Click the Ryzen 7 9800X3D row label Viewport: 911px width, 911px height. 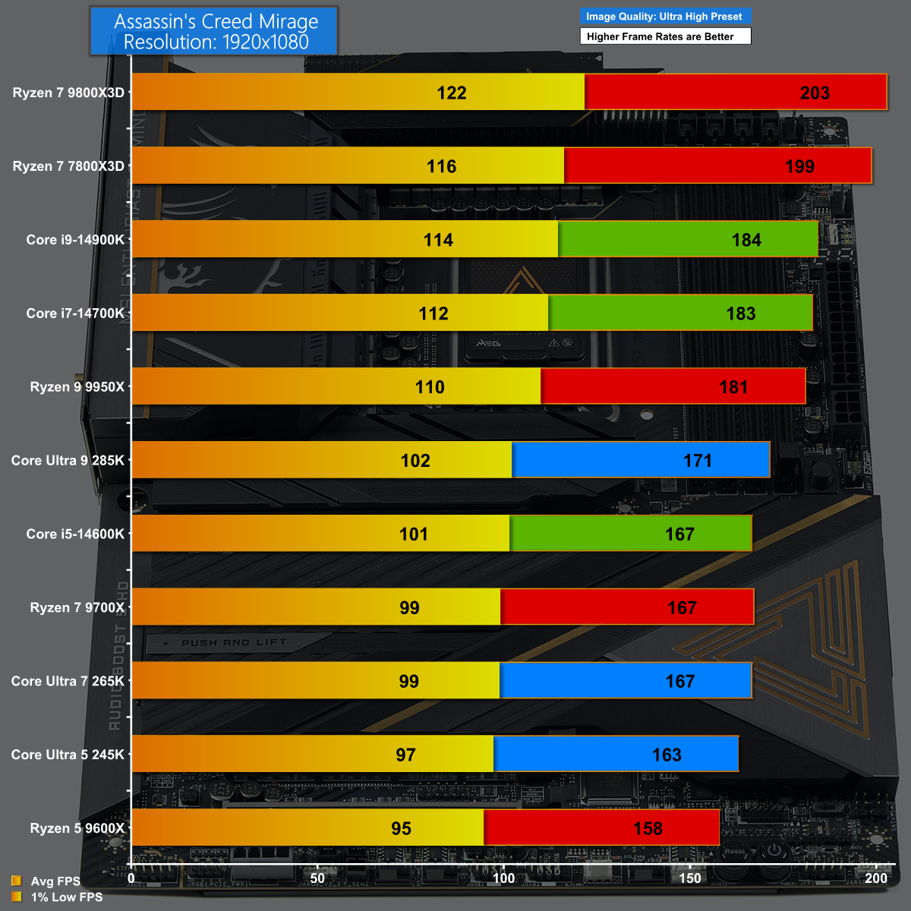pos(68,93)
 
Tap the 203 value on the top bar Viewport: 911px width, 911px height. pos(815,93)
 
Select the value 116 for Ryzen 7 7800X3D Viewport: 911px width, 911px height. pos(441,166)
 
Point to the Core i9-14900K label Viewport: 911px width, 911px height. pos(75,240)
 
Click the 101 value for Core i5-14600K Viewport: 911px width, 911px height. pos(414,534)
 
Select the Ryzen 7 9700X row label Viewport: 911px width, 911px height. pos(77,607)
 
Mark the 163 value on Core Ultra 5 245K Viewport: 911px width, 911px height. pos(667,755)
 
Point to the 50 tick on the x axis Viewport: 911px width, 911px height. pos(317,878)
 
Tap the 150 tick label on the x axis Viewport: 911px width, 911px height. pos(690,878)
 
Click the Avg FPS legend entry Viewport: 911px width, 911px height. pos(55,881)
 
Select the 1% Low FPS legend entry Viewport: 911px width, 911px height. pos(66,897)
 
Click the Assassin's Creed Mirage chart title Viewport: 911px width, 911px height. pos(216,32)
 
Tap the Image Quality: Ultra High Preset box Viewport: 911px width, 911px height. pos(664,16)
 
